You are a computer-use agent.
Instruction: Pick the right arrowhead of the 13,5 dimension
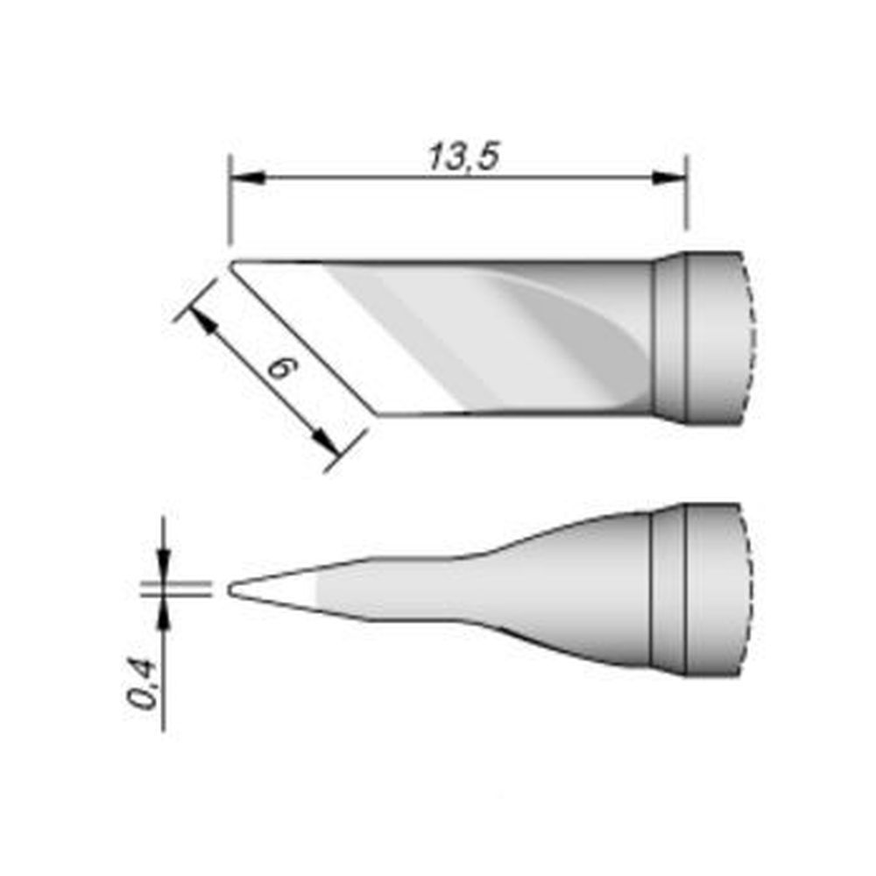click(x=671, y=179)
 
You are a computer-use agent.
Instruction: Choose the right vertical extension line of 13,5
click(x=686, y=201)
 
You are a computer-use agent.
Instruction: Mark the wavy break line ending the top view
click(x=749, y=337)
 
